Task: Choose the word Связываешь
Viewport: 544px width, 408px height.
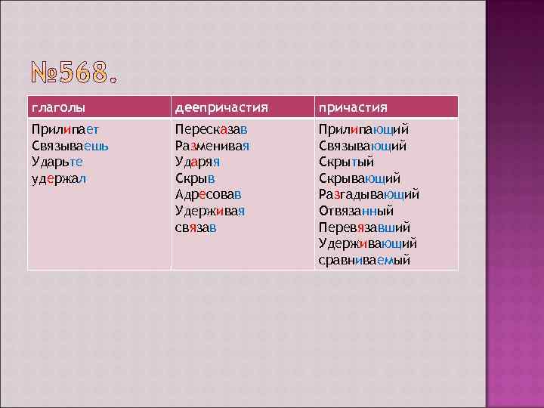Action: [70, 145]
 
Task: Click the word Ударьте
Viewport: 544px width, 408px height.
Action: [57, 161]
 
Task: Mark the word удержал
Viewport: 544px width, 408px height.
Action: [59, 178]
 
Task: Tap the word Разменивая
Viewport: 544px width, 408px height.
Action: [212, 145]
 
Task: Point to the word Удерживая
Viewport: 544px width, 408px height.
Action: [211, 210]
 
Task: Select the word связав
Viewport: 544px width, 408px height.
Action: [195, 227]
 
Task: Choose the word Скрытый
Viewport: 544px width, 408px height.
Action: [346, 161]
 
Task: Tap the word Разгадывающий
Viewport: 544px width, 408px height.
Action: [369, 194]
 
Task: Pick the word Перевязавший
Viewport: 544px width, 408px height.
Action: [364, 227]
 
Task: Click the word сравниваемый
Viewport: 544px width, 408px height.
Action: [364, 260]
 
